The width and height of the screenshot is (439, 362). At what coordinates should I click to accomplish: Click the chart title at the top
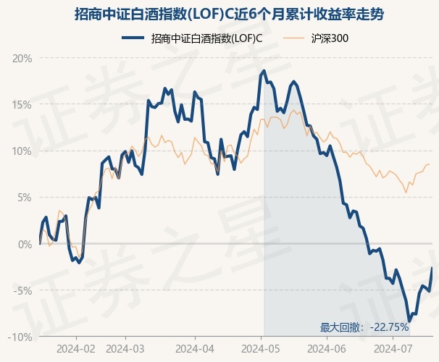pos(229,14)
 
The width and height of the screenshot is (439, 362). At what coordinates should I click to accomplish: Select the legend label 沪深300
pos(330,38)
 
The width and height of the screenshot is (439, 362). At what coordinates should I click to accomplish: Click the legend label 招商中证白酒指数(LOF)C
pos(206,38)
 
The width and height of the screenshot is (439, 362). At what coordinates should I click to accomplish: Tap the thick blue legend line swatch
pos(133,38)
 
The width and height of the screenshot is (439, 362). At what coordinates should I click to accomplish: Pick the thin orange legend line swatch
pos(293,38)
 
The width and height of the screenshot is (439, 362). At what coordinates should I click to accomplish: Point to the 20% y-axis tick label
pos(22,59)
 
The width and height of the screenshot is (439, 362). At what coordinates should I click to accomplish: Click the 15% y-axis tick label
pos(22,105)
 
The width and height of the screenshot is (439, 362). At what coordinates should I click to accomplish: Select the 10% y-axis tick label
pos(22,151)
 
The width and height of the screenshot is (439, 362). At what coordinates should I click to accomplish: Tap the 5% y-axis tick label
pos(25,198)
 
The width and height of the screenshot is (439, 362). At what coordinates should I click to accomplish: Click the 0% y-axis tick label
pos(25,244)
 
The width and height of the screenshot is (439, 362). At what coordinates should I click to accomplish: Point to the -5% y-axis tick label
pos(22,290)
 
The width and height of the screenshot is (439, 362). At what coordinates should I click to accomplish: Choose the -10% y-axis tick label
pos(20,337)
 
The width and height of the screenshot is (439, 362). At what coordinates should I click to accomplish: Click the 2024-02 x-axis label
pos(76,349)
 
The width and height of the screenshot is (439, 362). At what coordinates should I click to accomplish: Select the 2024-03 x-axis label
pos(125,349)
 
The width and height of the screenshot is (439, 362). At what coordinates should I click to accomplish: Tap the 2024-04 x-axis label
pos(195,349)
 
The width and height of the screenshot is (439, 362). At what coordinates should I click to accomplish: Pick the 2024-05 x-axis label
pos(261,349)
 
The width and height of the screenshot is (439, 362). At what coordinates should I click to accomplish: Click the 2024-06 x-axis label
pos(327,349)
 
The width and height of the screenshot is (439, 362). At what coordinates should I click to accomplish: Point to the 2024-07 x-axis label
pos(393,349)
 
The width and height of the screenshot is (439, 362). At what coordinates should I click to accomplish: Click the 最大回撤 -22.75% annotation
pos(364,327)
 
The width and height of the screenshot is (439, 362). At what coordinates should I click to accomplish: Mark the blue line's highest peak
pos(264,71)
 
